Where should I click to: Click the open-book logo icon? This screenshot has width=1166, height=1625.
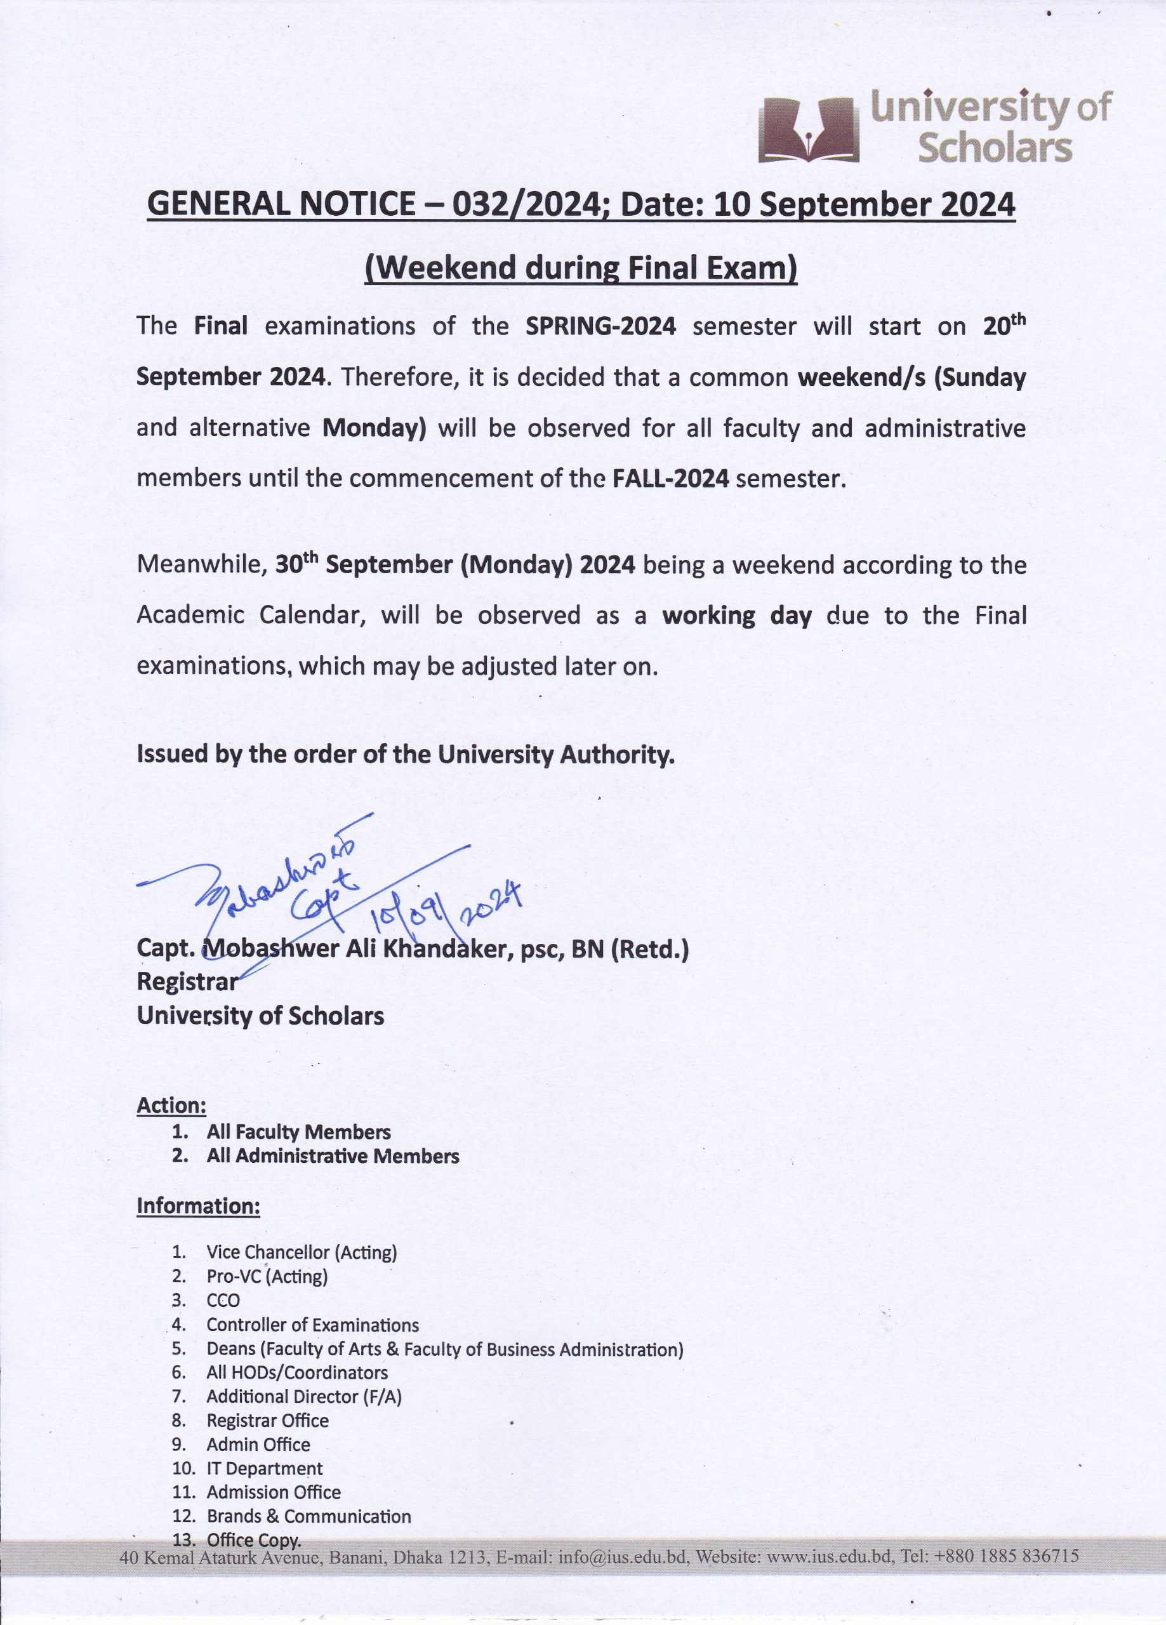(x=809, y=129)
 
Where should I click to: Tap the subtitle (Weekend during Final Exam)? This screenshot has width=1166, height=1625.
(x=581, y=268)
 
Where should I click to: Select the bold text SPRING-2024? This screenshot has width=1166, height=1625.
(x=600, y=327)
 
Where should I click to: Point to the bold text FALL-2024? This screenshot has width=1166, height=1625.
(x=671, y=478)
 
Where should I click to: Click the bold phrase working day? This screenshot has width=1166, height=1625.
(x=737, y=616)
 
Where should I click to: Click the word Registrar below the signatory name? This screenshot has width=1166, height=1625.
(x=187, y=981)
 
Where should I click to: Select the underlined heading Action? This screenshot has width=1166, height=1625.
(x=171, y=1105)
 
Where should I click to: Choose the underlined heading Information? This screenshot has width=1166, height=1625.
(x=198, y=1206)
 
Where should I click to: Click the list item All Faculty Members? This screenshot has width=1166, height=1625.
(x=298, y=1132)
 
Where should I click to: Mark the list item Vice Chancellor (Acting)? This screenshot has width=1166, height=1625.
(x=301, y=1252)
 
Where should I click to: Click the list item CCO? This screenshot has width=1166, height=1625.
(x=223, y=1301)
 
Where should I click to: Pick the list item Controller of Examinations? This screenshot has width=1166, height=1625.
(x=312, y=1325)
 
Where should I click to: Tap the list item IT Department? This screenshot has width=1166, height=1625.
(x=265, y=1469)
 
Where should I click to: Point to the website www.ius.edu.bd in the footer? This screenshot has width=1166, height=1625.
(x=829, y=1557)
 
